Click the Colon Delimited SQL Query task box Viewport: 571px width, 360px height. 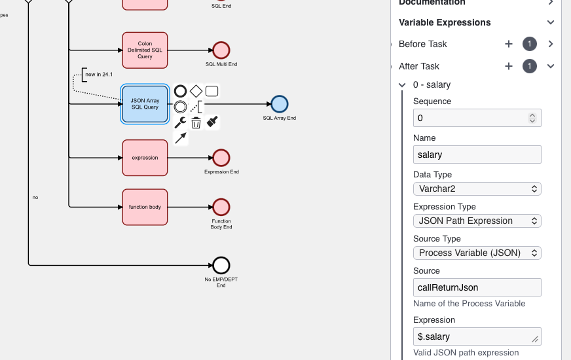145,50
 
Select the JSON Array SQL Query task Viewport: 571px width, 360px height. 145,104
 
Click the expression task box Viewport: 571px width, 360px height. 145,158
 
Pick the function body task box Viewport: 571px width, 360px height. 145,207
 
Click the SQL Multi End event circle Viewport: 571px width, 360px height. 221,50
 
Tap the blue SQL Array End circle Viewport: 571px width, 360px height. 280,104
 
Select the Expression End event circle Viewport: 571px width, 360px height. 221,158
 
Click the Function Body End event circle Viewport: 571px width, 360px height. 221,207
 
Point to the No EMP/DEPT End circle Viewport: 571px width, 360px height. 221,265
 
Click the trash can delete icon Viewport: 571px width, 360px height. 196,122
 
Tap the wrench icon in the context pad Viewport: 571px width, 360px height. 180,122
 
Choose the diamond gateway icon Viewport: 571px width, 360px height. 196,91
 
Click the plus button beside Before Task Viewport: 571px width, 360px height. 509,44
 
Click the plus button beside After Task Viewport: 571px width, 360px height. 509,66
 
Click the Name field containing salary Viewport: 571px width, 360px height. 477,154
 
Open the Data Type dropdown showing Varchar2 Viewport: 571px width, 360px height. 477,189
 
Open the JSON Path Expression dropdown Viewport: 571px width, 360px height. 477,221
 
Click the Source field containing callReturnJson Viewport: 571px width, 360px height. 477,287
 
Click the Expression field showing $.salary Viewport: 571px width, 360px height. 477,336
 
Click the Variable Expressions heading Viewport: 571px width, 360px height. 445,22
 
